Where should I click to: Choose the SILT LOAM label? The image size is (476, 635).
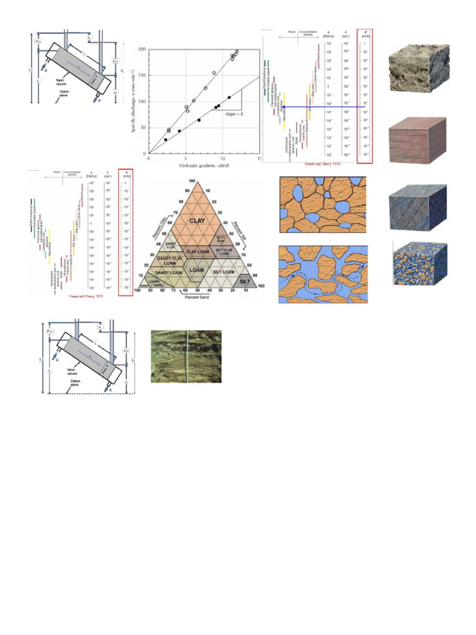pyautogui.click(x=224, y=272)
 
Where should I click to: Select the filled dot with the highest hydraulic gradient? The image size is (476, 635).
pyautogui.click(x=229, y=97)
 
